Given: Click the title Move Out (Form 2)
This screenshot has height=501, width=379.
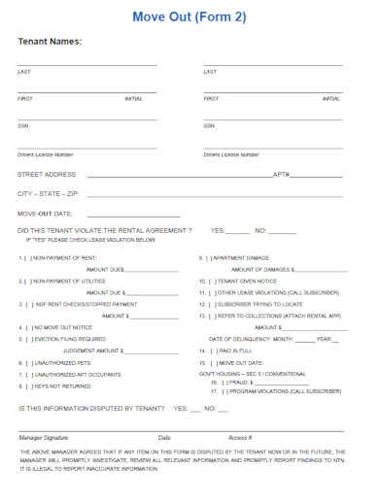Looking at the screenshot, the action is point(189,16).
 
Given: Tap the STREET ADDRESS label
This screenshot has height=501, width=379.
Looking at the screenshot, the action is point(47,174).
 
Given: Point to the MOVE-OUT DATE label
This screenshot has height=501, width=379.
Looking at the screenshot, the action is point(46,213).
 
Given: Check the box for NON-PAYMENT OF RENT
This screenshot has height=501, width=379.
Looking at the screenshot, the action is point(29,258).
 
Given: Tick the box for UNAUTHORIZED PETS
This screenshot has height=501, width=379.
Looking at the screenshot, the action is point(29,362).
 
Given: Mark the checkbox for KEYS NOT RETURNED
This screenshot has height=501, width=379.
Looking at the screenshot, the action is point(29,385).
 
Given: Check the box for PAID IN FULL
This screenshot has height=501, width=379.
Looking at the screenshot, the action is point(215,350).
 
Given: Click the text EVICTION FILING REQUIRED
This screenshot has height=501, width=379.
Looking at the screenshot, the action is point(71,339).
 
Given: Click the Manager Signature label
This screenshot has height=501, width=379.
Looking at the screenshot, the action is point(44,438).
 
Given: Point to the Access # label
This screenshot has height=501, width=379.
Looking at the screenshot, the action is point(240,438).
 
